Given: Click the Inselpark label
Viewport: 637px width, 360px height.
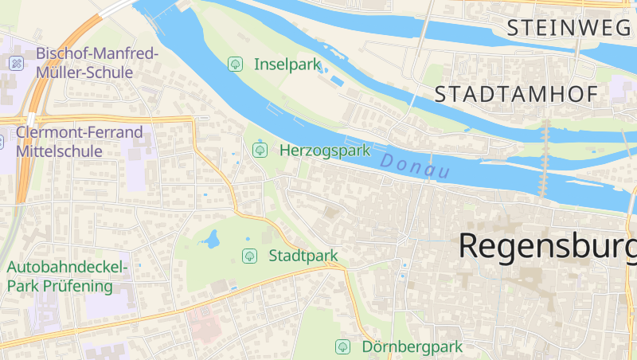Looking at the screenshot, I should pyautogui.click(x=287, y=64).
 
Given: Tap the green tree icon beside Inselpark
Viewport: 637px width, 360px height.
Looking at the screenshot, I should pyautogui.click(x=235, y=64).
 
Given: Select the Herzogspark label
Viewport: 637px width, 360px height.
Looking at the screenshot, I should pyautogui.click(x=326, y=150).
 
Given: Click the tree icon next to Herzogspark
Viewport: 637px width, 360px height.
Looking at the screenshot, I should pyautogui.click(x=259, y=150).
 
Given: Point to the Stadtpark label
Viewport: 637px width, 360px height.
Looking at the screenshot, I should pyautogui.click(x=303, y=256).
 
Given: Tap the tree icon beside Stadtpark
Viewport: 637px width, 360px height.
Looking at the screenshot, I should pyautogui.click(x=249, y=256).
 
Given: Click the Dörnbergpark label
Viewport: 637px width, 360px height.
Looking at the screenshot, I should pyautogui.click(x=412, y=347).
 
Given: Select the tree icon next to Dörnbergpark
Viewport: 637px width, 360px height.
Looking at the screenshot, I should pyautogui.click(x=342, y=347).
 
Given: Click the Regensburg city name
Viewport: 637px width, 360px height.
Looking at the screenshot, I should pyautogui.click(x=547, y=245).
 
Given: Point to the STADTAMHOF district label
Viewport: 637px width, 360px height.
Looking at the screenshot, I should pyautogui.click(x=516, y=95).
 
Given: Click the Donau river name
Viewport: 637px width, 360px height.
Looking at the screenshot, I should pyautogui.click(x=415, y=166).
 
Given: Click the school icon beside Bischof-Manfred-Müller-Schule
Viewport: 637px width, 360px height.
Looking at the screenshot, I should pyautogui.click(x=16, y=62).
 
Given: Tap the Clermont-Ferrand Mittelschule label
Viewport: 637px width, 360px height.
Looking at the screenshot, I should pyautogui.click(x=79, y=141).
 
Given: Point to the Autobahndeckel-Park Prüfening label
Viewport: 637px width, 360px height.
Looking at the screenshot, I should pyautogui.click(x=59, y=277).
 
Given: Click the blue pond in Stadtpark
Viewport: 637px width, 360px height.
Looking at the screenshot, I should pyautogui.click(x=212, y=239).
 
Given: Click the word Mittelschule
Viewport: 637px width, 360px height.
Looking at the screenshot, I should pyautogui.click(x=59, y=151).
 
